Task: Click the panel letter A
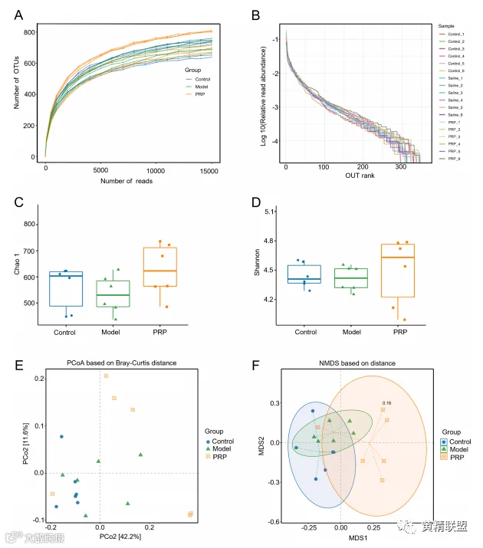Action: pos(16,14)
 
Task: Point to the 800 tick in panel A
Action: pos(30,32)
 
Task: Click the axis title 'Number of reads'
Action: pos(126,181)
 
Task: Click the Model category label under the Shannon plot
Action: pos(350,332)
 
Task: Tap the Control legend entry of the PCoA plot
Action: pos(221,441)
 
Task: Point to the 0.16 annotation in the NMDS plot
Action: pos(386,402)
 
